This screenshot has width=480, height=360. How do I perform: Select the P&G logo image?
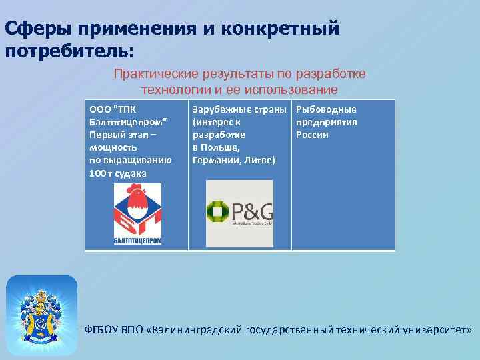tap(239, 211)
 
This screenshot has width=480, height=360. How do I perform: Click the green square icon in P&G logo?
tap(218, 212)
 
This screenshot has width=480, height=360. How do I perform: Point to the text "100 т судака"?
tap(118, 173)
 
